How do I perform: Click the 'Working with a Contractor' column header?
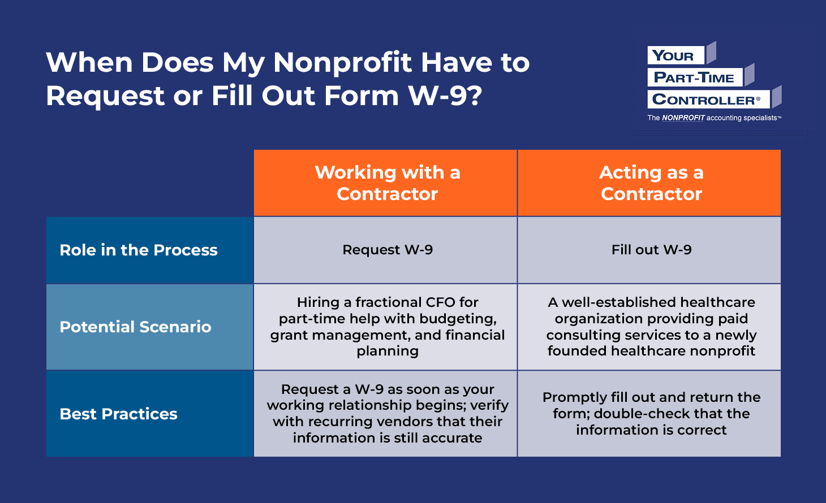(388, 183)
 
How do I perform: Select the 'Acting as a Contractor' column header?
(651, 183)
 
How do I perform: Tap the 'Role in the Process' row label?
(139, 250)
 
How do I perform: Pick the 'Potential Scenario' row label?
(135, 327)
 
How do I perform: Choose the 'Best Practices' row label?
(118, 414)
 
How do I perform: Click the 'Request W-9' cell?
(388, 250)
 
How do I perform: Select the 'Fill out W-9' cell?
(651, 250)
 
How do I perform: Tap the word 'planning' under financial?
(388, 351)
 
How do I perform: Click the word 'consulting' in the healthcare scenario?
(583, 335)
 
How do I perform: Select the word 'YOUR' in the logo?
(673, 56)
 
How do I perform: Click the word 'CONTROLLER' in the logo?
(703, 100)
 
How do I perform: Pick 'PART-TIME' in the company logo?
(694, 78)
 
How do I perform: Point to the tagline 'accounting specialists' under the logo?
(742, 118)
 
